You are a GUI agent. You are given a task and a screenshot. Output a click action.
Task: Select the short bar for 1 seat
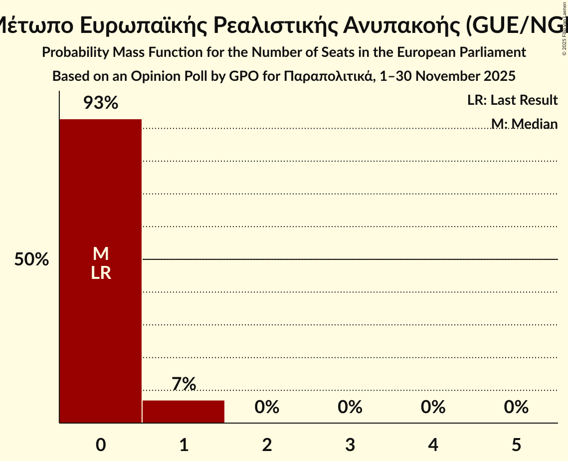pos(184,412)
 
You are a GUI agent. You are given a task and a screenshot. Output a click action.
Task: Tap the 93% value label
pos(100,103)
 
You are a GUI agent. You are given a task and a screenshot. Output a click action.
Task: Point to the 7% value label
pos(184,384)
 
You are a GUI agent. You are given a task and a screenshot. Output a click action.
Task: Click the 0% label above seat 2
pos(267,407)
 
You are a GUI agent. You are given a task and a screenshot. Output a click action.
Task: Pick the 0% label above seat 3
pos(350,407)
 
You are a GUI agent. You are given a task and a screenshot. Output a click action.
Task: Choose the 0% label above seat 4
pos(433,407)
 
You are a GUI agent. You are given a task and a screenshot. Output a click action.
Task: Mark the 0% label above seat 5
pos(516,407)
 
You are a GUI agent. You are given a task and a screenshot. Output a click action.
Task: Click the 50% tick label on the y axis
pos(31,260)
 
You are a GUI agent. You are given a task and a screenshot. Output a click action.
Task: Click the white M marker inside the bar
pos(101,254)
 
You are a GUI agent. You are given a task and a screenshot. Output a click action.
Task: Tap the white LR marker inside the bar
pos(101,273)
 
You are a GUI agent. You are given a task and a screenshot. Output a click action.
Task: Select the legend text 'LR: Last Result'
pos(512,100)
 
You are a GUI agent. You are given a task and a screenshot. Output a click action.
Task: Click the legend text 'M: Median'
pos(524,123)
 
